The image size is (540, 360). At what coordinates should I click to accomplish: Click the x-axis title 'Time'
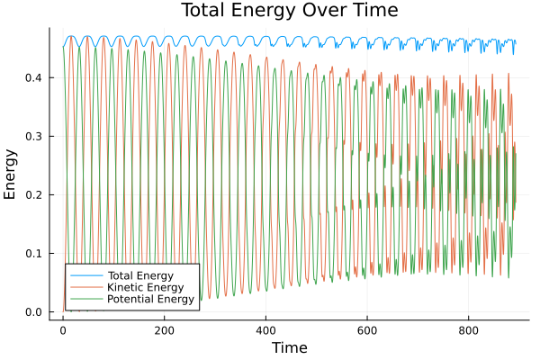coord(290,347)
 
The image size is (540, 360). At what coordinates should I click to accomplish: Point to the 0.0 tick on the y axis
coord(33,312)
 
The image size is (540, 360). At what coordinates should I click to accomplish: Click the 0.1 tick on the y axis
coord(33,254)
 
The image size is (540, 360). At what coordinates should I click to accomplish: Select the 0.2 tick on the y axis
coord(33,195)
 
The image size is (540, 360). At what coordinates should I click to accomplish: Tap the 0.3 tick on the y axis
coord(33,137)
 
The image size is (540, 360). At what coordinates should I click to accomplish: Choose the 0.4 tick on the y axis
coord(33,78)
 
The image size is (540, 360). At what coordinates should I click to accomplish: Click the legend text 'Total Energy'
coord(139,274)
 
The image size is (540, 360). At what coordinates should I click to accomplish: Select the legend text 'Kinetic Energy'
coord(144,287)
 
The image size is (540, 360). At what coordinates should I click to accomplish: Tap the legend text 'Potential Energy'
coord(150,299)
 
